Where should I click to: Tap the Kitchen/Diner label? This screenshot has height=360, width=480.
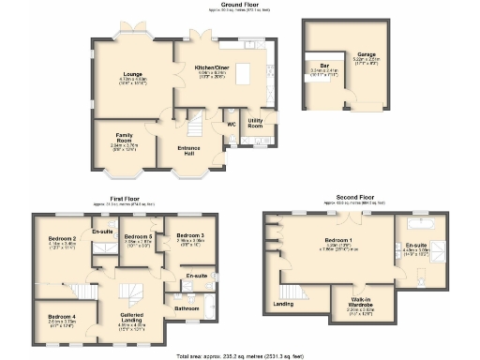point(213,68)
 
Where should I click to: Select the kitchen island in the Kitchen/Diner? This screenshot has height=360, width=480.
point(246,72)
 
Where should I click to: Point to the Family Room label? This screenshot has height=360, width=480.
point(124,137)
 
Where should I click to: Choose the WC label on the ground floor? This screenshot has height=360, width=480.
point(230,123)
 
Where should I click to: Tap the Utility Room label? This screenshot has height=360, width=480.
point(254,123)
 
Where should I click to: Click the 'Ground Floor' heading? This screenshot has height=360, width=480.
point(239,5)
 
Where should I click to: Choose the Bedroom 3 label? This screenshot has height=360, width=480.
point(190,234)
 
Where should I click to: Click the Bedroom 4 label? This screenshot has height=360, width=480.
point(61,316)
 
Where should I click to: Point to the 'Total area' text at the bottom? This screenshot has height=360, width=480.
point(240,355)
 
